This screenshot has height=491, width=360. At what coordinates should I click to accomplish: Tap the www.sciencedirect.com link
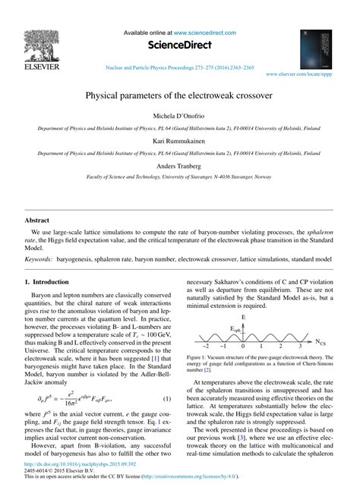point(204,33)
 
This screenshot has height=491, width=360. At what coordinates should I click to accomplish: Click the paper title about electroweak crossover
point(179,98)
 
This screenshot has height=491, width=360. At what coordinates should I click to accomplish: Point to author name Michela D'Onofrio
point(179,117)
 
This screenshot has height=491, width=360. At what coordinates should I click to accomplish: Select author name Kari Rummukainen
point(179,142)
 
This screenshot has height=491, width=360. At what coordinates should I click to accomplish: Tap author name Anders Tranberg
point(179,166)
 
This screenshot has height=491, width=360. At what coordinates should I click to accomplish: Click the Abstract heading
point(36,220)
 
